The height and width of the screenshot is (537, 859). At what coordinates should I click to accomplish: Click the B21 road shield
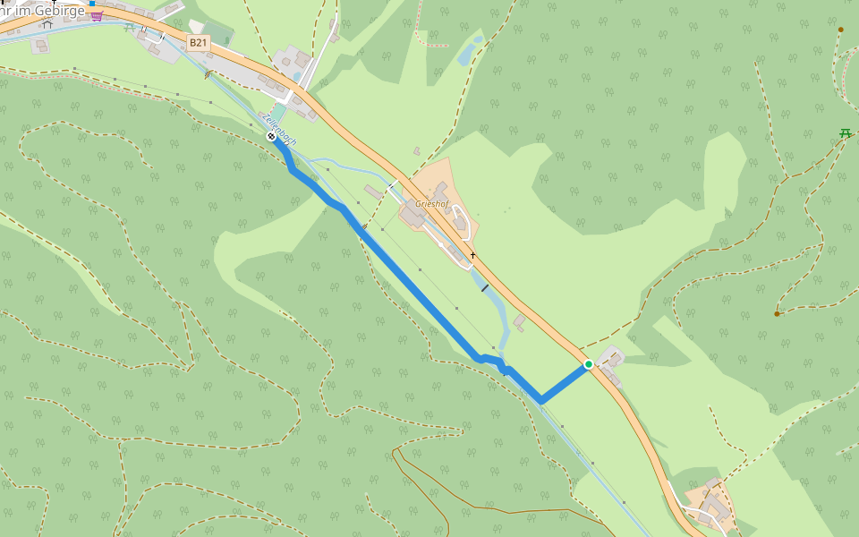coord(198,42)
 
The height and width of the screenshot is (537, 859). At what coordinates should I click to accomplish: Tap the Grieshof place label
coord(431,204)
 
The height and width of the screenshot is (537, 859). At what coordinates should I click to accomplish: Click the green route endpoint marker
coord(588,364)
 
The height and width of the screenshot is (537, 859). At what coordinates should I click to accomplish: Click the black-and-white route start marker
coord(271,136)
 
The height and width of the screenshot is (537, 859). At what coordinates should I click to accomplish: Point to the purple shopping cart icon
coord(97,15)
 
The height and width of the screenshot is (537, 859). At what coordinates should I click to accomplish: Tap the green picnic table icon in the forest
coord(844,133)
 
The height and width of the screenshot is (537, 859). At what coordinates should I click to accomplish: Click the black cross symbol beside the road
coord(472,255)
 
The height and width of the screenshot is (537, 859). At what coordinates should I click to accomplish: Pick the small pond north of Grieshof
coord(466,55)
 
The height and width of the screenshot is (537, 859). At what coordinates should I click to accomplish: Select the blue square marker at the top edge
coord(91,4)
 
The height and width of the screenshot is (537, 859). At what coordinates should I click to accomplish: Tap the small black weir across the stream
coord(484,288)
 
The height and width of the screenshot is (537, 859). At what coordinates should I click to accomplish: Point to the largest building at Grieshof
coord(413,216)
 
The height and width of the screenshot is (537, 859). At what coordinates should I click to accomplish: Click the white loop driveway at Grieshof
coord(460,223)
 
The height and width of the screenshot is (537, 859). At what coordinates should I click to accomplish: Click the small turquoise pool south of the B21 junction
coord(296,77)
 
